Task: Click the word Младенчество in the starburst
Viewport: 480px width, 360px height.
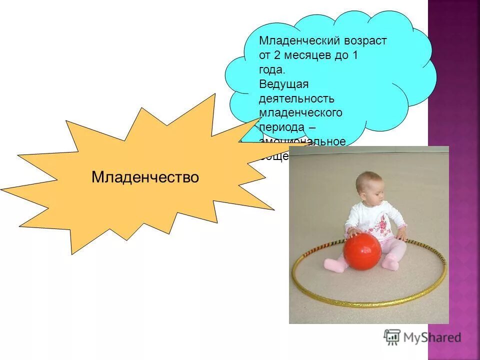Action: click(145, 177)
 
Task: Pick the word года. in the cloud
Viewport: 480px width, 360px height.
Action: click(272, 70)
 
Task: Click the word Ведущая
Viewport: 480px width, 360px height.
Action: click(284, 84)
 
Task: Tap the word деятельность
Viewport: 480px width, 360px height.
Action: click(296, 98)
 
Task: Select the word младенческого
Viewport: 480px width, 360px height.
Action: click(300, 113)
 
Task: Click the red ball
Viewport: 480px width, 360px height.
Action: click(362, 251)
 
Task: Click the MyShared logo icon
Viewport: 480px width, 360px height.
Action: click(392, 337)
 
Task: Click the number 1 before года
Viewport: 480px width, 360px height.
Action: click(355, 55)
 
